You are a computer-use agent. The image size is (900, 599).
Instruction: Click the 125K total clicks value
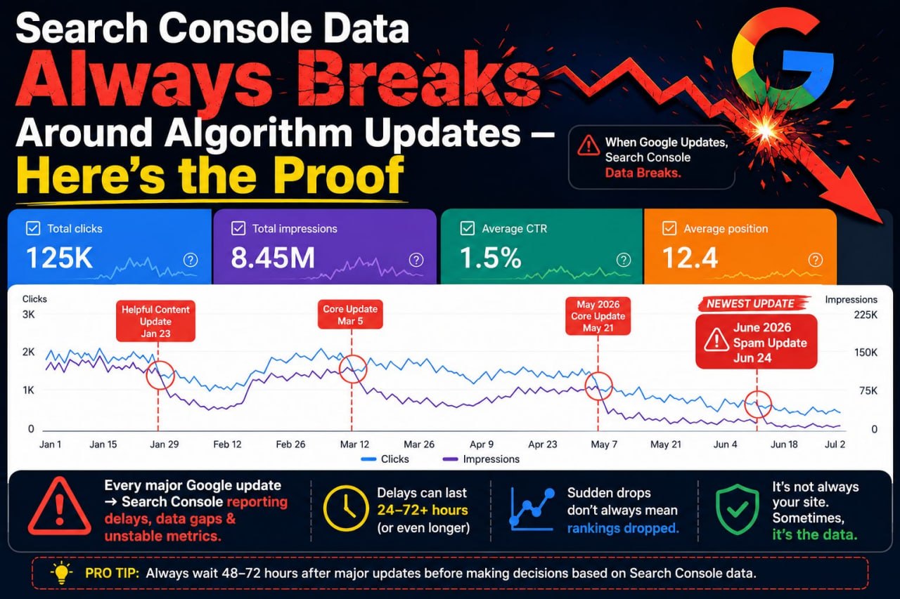click(x=60, y=258)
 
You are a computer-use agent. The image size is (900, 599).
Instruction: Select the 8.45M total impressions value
click(x=273, y=258)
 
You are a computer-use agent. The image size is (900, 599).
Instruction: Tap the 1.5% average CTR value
click(x=491, y=258)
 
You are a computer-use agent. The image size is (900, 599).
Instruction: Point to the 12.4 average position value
click(x=690, y=258)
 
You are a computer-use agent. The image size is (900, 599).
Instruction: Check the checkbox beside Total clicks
click(x=33, y=228)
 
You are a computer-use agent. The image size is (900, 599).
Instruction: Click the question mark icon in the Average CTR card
click(x=623, y=260)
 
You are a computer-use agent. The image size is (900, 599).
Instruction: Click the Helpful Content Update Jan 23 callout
click(x=155, y=321)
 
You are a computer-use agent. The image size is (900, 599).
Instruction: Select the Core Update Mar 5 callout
click(x=350, y=315)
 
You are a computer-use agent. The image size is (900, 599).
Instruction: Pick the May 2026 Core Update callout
click(x=598, y=316)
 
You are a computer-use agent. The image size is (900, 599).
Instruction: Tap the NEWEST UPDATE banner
click(x=752, y=303)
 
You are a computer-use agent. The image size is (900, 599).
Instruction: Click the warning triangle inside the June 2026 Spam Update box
click(x=716, y=340)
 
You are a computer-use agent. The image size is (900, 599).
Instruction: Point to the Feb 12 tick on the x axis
click(x=227, y=444)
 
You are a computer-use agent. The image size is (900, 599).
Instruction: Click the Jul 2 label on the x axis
click(x=835, y=444)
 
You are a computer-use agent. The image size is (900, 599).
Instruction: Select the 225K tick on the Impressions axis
click(x=866, y=315)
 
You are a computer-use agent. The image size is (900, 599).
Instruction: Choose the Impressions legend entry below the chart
click(x=481, y=459)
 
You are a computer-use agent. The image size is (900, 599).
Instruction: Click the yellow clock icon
click(x=346, y=508)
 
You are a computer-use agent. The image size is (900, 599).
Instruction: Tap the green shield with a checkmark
click(x=738, y=510)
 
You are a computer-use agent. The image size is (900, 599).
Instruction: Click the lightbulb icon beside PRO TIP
click(x=61, y=572)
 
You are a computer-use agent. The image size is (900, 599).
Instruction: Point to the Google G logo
click(x=783, y=60)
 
